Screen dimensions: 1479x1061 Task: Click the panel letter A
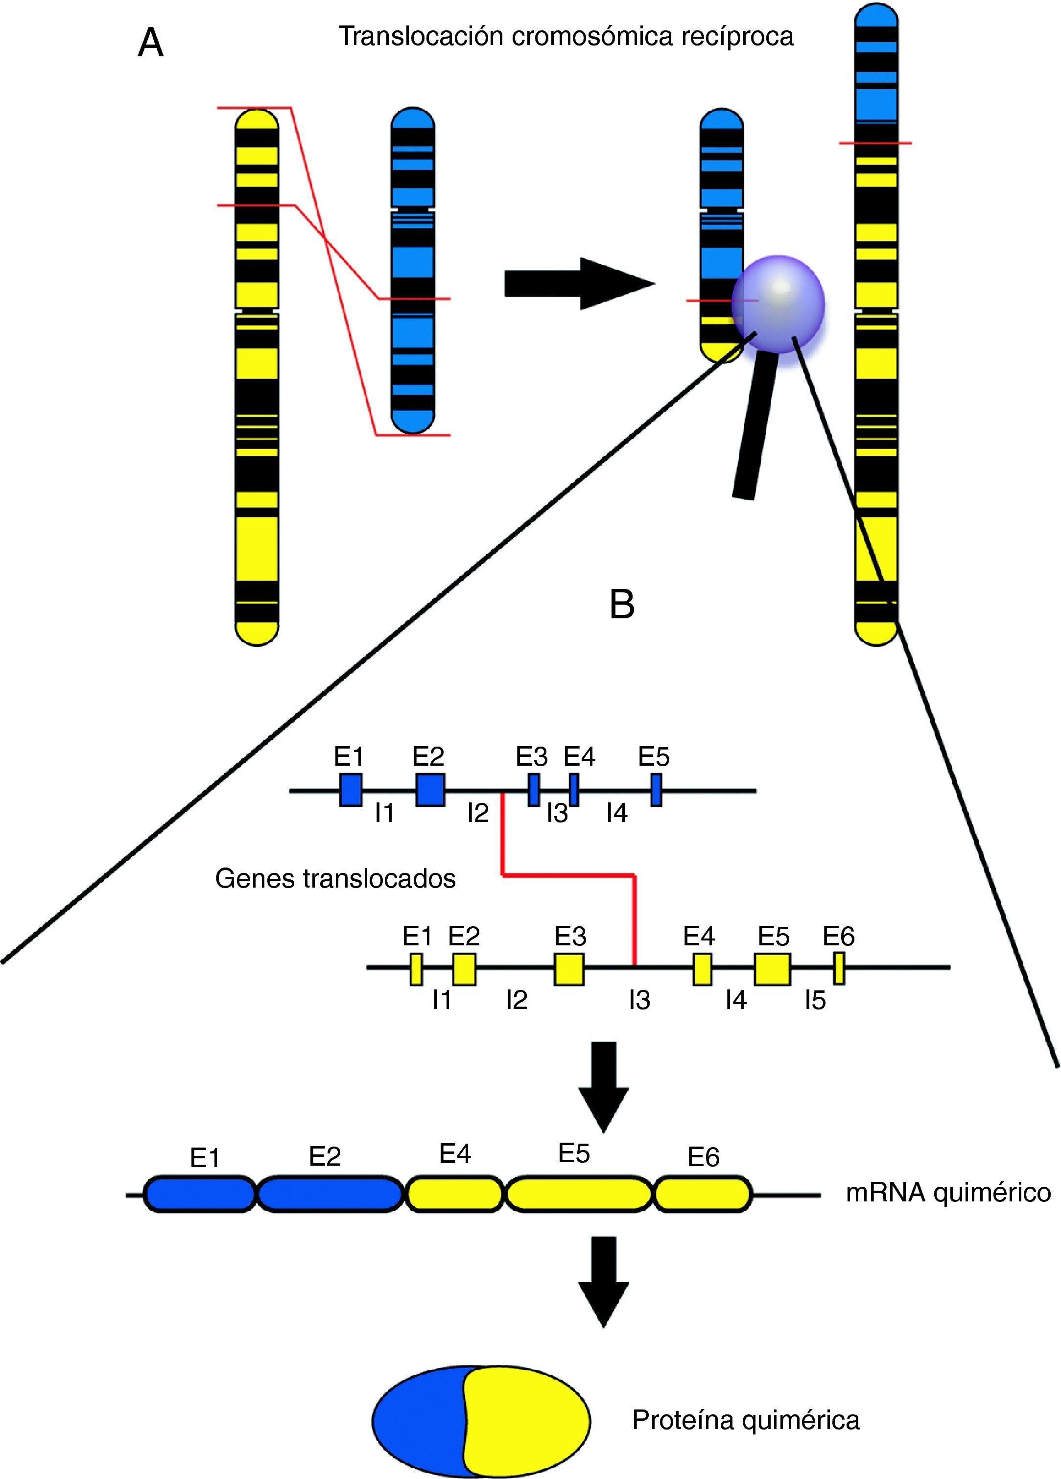(151, 45)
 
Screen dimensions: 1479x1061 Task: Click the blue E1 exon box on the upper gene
(351, 790)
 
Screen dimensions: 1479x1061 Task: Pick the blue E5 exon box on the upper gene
(656, 790)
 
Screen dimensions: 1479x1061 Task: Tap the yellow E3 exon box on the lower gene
(569, 969)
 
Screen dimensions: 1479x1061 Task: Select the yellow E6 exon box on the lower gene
(839, 968)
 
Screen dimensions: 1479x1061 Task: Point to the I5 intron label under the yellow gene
(815, 1000)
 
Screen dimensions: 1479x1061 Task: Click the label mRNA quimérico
(948, 1193)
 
